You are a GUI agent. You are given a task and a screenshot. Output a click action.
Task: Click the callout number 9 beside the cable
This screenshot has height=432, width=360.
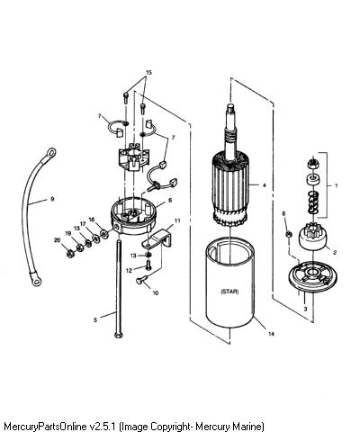[52, 199]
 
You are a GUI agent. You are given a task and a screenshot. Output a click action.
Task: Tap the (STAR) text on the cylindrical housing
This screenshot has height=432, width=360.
[229, 292]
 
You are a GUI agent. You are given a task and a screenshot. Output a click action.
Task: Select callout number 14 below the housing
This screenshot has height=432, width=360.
[271, 334]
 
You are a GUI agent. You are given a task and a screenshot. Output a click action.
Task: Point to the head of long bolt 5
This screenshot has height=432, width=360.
[119, 335]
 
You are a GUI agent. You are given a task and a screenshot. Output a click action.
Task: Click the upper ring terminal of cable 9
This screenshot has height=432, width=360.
[50, 153]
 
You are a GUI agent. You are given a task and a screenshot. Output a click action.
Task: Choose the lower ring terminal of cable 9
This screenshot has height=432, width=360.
[36, 280]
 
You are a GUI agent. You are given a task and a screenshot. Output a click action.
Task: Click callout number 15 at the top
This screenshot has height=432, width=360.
[148, 72]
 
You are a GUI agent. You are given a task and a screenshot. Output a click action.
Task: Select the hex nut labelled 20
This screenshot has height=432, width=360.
[70, 254]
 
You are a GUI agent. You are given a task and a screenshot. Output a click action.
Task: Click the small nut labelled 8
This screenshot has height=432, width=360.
[289, 234]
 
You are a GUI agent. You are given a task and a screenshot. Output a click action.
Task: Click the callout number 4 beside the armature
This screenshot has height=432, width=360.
[265, 185]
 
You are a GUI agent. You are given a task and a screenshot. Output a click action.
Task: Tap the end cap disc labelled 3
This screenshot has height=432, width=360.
[310, 276]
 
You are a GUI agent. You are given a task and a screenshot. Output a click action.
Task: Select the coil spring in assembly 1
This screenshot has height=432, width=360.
[313, 203]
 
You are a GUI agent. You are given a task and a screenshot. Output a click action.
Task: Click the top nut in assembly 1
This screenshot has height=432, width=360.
[313, 164]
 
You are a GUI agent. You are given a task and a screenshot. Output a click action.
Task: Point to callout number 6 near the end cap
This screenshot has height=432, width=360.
[170, 200]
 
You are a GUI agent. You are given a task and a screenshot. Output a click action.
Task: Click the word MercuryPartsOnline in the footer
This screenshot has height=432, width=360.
[46, 426]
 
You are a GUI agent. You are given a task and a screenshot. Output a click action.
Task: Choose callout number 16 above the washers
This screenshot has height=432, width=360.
[92, 220]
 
